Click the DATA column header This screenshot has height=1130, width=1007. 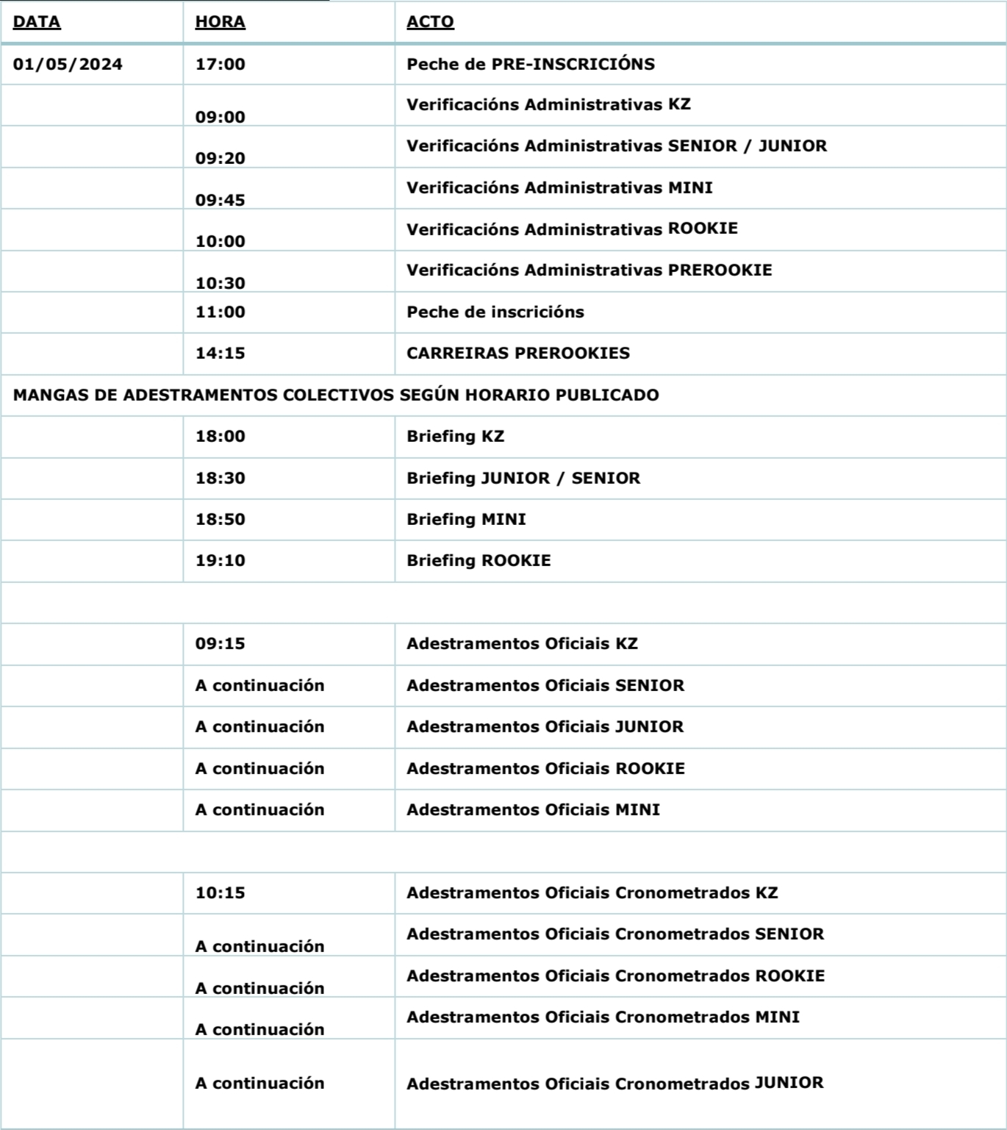pyautogui.click(x=37, y=22)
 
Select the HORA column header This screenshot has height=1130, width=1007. pyautogui.click(x=220, y=22)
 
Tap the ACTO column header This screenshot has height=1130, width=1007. pyautogui.click(x=430, y=22)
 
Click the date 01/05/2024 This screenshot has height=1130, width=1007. pyautogui.click(x=68, y=64)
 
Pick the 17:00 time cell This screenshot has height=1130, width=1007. pyautogui.click(x=220, y=64)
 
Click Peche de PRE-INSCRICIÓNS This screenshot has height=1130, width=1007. pyautogui.click(x=530, y=64)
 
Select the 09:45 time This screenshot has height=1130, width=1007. pyautogui.click(x=220, y=200)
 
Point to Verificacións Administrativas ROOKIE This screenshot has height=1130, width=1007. pyautogui.click(x=572, y=229)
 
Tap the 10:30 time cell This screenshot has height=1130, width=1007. pyautogui.click(x=220, y=283)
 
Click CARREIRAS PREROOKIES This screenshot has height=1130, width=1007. pyautogui.click(x=517, y=353)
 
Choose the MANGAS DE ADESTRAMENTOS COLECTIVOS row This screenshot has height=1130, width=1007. pyautogui.click(x=336, y=395)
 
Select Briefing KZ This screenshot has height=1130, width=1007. pyautogui.click(x=455, y=436)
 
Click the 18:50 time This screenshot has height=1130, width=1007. pyautogui.click(x=220, y=519)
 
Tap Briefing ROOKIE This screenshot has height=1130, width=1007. pyautogui.click(x=479, y=560)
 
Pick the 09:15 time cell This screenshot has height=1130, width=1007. pyautogui.click(x=220, y=643)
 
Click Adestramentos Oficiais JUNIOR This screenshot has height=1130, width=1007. pyautogui.click(x=545, y=726)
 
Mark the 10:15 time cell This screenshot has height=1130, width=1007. pyautogui.click(x=220, y=893)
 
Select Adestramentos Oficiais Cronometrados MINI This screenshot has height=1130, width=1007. pyautogui.click(x=603, y=1017)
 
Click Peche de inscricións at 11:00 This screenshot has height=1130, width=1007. pyautogui.click(x=495, y=312)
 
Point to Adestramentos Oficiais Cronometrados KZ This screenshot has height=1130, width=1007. pyautogui.click(x=592, y=893)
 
